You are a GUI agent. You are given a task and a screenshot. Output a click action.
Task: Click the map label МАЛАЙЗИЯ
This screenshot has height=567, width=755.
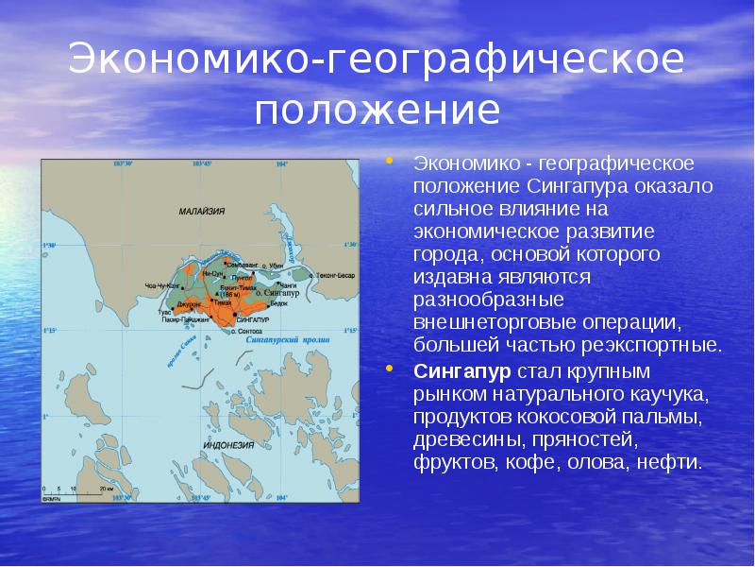click(x=201, y=213)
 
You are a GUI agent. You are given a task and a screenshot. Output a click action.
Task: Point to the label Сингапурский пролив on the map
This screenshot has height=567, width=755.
click(x=304, y=336)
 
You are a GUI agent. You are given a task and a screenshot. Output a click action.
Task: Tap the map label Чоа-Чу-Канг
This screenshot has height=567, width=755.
click(x=162, y=284)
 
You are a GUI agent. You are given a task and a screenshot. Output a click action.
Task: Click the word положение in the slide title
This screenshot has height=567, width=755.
click(x=377, y=110)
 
